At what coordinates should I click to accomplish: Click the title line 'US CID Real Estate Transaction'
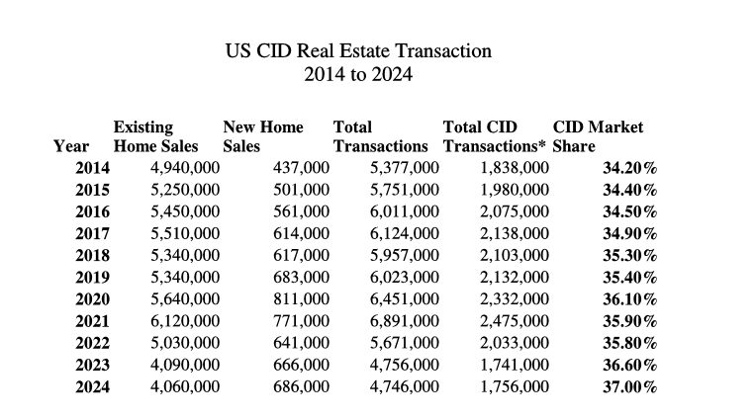click(358, 50)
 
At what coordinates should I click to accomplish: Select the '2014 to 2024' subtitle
click(358, 73)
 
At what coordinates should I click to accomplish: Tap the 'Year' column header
click(71, 146)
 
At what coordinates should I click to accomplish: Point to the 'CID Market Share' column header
click(598, 136)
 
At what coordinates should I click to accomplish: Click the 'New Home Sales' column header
click(263, 136)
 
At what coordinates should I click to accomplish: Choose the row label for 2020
click(92, 298)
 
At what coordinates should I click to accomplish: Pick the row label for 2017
click(92, 233)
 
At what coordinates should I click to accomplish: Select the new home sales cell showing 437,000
click(301, 168)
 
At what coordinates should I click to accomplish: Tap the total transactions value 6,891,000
click(404, 320)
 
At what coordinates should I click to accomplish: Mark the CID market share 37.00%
click(630, 385)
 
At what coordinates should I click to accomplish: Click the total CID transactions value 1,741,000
click(514, 364)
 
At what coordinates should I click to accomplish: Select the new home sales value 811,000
click(301, 298)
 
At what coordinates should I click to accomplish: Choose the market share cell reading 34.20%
click(630, 168)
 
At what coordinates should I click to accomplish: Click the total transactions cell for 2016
click(404, 211)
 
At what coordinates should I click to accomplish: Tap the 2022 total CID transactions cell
click(514, 342)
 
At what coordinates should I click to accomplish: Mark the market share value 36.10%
click(630, 298)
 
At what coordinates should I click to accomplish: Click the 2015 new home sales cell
click(301, 190)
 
